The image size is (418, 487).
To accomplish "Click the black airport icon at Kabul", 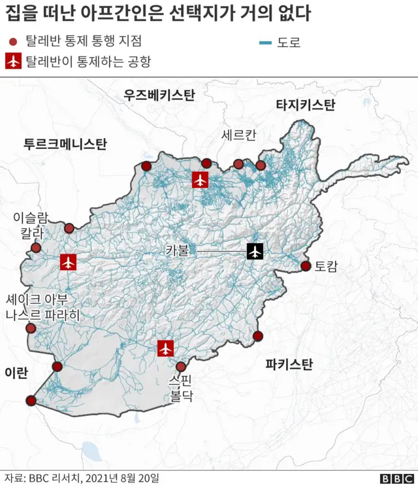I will tap(255, 250).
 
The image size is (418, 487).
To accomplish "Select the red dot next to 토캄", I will tap(305, 266).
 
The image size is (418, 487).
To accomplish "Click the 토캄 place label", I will tap(326, 266).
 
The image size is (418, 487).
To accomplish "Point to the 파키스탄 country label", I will tap(288, 363).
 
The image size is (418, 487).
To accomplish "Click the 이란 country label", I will tap(16, 373).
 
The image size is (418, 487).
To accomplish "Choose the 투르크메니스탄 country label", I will tap(65, 144).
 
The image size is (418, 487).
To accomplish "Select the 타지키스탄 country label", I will tap(305, 105).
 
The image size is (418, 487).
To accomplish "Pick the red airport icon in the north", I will tap(201, 179).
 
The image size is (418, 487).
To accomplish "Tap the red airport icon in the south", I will tap(166, 348).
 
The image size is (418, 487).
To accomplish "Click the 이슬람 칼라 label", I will tap(31, 224).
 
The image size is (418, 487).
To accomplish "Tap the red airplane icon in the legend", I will tap(13, 61).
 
